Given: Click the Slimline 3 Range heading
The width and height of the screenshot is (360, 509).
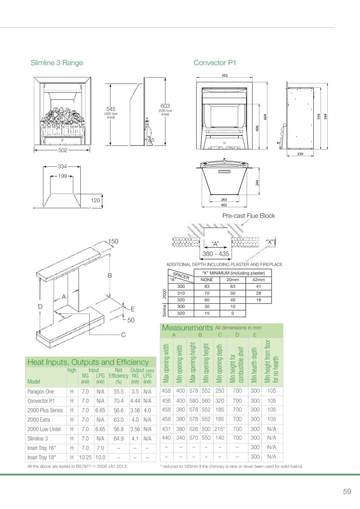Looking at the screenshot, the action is tap(57, 63).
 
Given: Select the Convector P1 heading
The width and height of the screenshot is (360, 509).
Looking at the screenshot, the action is tap(215, 63).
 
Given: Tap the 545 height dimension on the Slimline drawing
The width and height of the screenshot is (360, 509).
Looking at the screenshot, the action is tap(111, 109).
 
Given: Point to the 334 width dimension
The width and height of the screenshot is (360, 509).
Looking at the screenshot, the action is tap(62, 167).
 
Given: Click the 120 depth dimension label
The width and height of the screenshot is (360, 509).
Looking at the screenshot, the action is tap(95, 200).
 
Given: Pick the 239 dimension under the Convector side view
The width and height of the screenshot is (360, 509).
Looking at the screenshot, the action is tap(300, 154).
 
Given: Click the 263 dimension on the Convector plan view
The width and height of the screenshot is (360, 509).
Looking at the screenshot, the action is tap(224, 199).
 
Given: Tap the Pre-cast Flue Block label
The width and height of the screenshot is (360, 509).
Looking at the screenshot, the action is tap(249, 215).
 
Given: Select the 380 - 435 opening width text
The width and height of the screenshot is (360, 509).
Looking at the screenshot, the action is tap(216, 254).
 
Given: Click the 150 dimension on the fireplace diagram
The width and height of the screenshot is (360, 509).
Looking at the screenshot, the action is tap(113, 241).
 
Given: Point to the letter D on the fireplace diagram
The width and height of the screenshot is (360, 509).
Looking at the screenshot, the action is tap(40, 307).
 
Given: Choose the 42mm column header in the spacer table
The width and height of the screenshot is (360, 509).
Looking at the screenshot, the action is tap(259, 280).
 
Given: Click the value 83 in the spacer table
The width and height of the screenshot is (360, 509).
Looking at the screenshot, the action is tap(207, 287).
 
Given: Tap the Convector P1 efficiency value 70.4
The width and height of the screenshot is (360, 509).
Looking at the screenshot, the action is tap(118, 401).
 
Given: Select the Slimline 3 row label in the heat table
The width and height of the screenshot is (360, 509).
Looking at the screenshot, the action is tap(37, 439).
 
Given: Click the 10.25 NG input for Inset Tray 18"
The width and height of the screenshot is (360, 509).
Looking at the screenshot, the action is tap(85, 457).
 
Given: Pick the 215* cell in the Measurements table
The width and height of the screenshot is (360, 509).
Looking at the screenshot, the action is tap(219, 429).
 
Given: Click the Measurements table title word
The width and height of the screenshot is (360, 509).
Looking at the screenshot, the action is tap(187, 327).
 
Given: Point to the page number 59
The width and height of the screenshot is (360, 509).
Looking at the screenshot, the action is tap(347, 492).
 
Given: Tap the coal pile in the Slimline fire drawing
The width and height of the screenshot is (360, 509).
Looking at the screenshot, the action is tap(62, 116).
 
